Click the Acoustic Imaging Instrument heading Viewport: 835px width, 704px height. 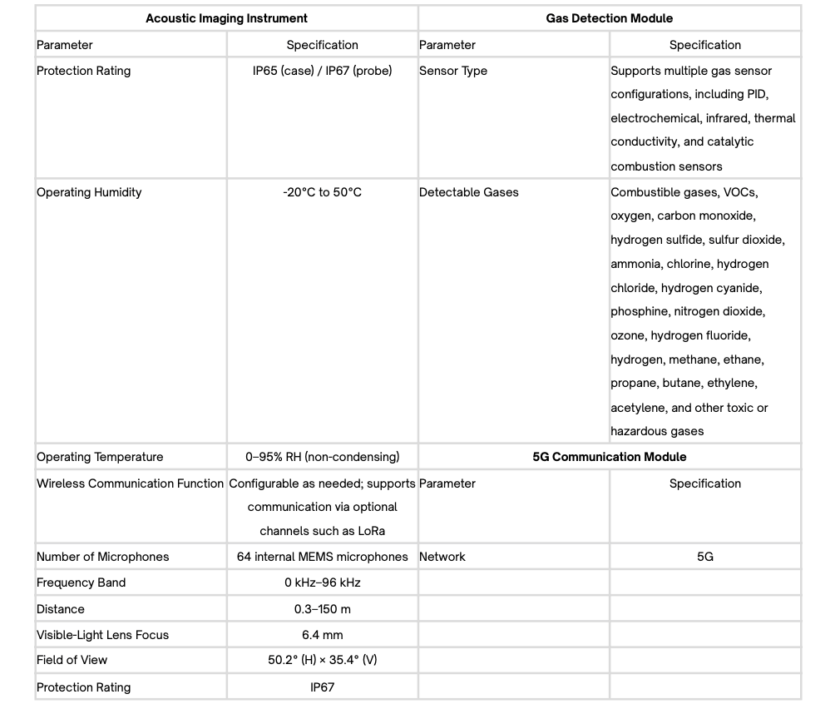pyautogui.click(x=226, y=18)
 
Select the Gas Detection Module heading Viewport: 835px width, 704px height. pyautogui.click(x=610, y=18)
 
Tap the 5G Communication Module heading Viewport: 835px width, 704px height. pyautogui.click(x=610, y=457)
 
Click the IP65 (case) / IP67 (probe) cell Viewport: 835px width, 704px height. pyautogui.click(x=323, y=71)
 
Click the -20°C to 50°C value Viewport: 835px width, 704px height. pyautogui.click(x=323, y=192)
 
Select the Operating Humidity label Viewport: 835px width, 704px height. pyautogui.click(x=89, y=192)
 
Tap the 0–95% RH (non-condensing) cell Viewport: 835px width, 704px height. pyautogui.click(x=323, y=457)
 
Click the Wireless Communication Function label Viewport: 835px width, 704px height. pyautogui.click(x=130, y=483)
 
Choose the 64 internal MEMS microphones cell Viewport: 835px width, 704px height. pyautogui.click(x=323, y=557)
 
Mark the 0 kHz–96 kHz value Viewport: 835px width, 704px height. pyautogui.click(x=323, y=583)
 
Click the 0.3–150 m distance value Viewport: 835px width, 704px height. pyautogui.click(x=323, y=609)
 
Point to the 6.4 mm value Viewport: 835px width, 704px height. pyautogui.click(x=323, y=635)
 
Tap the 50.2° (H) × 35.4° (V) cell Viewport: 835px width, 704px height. pyautogui.click(x=323, y=660)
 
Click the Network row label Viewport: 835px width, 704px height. pyautogui.click(x=442, y=557)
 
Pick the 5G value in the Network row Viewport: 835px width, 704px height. pyautogui.click(x=705, y=557)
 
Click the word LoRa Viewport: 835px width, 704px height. pyautogui.click(x=370, y=531)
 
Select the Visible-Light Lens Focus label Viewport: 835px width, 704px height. pyautogui.click(x=102, y=635)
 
